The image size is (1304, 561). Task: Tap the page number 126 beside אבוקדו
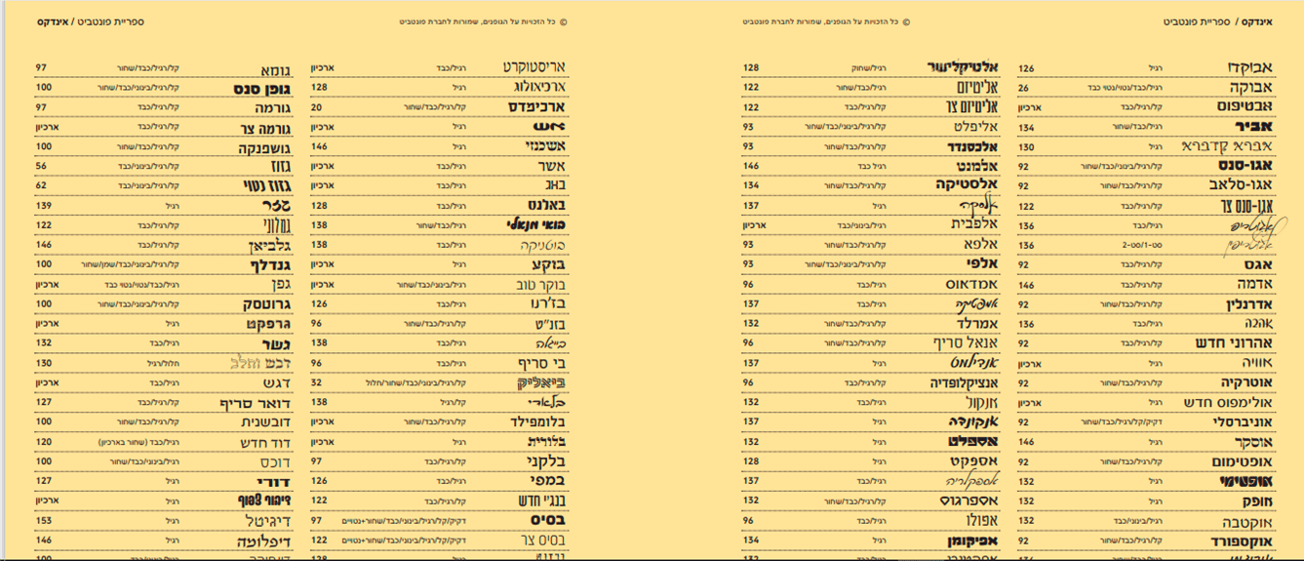point(1026,68)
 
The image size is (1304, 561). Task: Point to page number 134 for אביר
point(1026,127)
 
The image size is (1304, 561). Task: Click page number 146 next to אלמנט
point(751,167)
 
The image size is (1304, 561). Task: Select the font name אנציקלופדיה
point(950,383)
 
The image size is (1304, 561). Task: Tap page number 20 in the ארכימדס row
point(316,107)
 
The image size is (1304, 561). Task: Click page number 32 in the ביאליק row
point(316,383)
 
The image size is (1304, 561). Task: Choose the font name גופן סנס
point(257,88)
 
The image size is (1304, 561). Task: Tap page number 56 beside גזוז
point(42,167)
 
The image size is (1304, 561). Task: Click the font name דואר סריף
point(250,403)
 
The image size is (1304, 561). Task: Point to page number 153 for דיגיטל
point(43,521)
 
